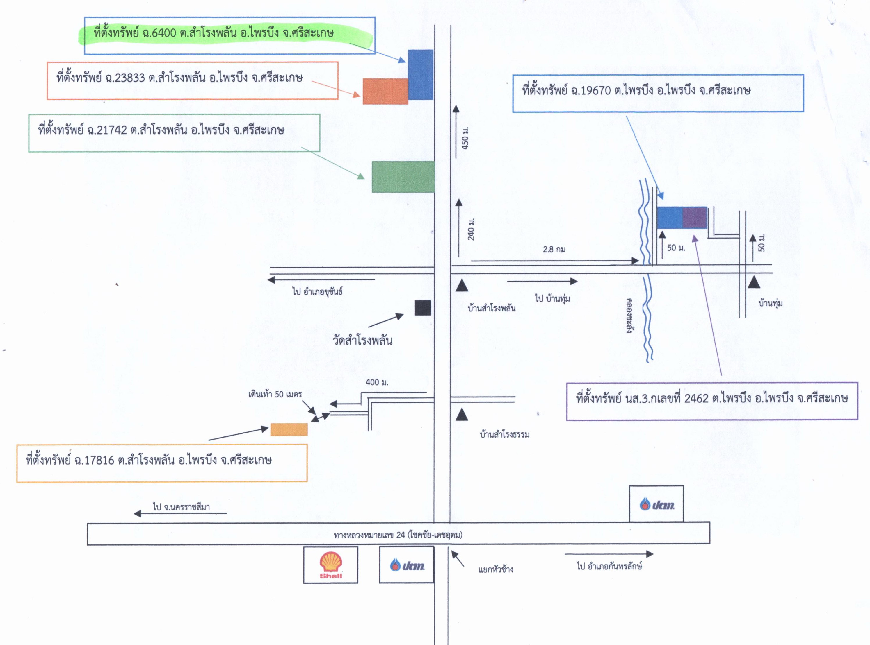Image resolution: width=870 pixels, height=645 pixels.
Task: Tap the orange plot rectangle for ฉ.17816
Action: coord(289,429)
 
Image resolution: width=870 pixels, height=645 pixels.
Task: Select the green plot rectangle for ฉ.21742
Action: coord(403,177)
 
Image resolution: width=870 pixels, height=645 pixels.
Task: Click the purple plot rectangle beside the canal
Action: coord(695,218)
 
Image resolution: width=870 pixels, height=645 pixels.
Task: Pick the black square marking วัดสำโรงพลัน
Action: coord(423,308)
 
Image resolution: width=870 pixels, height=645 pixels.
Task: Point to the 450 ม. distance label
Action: coord(465,137)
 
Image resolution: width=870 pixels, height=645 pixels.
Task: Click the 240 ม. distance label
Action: coord(471,230)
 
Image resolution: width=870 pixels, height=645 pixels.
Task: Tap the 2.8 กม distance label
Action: coord(554,249)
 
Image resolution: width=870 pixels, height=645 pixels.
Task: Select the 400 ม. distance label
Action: coord(377,382)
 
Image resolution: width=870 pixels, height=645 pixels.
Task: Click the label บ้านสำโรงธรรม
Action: coord(505,434)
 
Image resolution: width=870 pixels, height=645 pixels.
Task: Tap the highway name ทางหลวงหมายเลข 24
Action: coord(369,535)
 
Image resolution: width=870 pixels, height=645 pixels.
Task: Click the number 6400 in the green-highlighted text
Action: coord(163,33)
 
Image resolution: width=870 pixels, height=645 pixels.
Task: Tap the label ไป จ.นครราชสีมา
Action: coord(181,507)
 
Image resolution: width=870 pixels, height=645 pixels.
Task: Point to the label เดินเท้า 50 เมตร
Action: coord(275,394)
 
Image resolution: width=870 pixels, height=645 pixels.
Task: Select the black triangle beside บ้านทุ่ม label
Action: coord(754,282)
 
